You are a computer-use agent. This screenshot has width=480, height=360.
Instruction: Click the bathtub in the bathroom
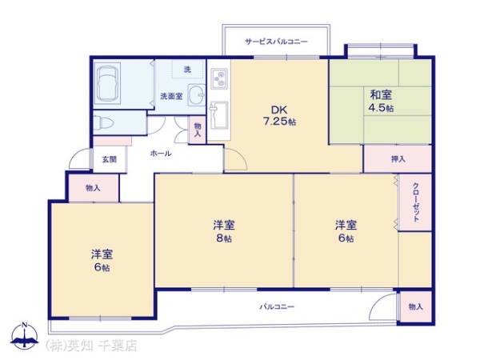point(107,83)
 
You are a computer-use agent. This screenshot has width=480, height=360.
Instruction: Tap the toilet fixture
point(103,123)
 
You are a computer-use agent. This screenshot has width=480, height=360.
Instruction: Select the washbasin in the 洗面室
point(196,94)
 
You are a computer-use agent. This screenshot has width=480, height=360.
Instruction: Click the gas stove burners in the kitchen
point(219,78)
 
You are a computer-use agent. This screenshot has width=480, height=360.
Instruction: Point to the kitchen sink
point(218,115)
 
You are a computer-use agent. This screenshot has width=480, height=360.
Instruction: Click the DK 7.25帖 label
point(279,115)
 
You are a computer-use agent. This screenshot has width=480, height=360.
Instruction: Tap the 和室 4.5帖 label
point(381,101)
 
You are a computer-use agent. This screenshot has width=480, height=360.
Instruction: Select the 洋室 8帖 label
point(224,231)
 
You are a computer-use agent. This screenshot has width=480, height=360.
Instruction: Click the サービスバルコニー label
point(276,42)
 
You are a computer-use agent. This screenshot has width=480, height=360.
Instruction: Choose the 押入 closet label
point(398,159)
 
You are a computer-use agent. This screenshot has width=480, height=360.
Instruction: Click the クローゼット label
point(416,202)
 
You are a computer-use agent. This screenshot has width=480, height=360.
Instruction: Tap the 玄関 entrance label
point(110,159)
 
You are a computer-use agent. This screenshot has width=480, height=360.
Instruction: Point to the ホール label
point(161,154)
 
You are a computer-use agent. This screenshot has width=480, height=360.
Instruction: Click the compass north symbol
point(25,336)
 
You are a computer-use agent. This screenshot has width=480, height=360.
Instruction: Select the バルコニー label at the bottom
point(277,306)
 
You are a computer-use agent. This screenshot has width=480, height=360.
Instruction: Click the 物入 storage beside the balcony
point(416,306)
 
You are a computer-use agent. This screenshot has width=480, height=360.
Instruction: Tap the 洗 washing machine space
point(188,70)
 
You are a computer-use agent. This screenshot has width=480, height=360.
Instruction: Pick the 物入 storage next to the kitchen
point(198,130)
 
